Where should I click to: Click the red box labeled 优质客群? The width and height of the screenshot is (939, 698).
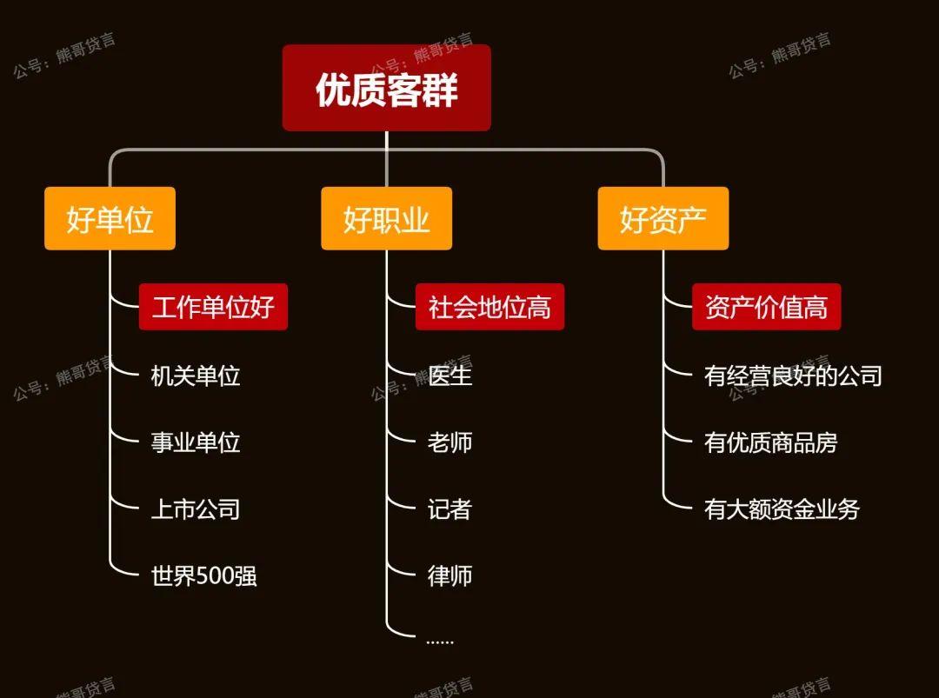(x=386, y=88)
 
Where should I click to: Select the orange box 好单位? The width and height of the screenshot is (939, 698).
(x=110, y=219)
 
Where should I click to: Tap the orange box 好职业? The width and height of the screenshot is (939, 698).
(x=386, y=219)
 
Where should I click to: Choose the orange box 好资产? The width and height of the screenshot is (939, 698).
(x=663, y=219)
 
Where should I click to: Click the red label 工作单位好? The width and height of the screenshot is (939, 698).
(x=213, y=307)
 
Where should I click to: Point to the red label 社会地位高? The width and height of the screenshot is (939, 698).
(x=489, y=307)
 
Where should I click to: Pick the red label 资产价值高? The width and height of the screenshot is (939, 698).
(x=766, y=307)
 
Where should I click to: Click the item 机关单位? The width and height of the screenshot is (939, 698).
(x=196, y=376)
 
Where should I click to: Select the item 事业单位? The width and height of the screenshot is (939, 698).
(x=196, y=442)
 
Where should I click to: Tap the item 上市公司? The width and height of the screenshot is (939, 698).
(x=196, y=509)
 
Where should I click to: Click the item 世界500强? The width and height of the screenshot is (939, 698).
(x=204, y=575)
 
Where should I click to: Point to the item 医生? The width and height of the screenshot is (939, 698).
(x=450, y=376)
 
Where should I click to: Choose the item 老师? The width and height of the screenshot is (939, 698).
(x=450, y=442)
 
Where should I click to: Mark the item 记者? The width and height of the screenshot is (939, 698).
(x=450, y=509)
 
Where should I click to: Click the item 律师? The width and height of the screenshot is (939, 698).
(x=450, y=575)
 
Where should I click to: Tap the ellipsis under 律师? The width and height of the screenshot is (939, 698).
(x=440, y=642)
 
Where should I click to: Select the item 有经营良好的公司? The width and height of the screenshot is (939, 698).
(x=793, y=376)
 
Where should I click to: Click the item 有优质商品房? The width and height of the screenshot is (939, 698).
(x=770, y=442)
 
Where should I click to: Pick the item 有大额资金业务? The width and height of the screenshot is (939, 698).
(x=782, y=509)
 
